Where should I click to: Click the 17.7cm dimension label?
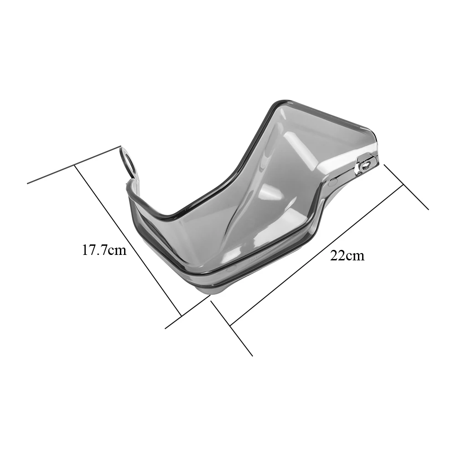pyautogui.click(x=104, y=250)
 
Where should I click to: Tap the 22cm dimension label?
pyautogui.click(x=347, y=256)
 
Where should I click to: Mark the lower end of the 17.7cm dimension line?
pyautogui.click(x=181, y=316)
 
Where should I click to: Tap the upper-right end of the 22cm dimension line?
pyautogui.click(x=404, y=185)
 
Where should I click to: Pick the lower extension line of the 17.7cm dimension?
pyautogui.click(x=187, y=311)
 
